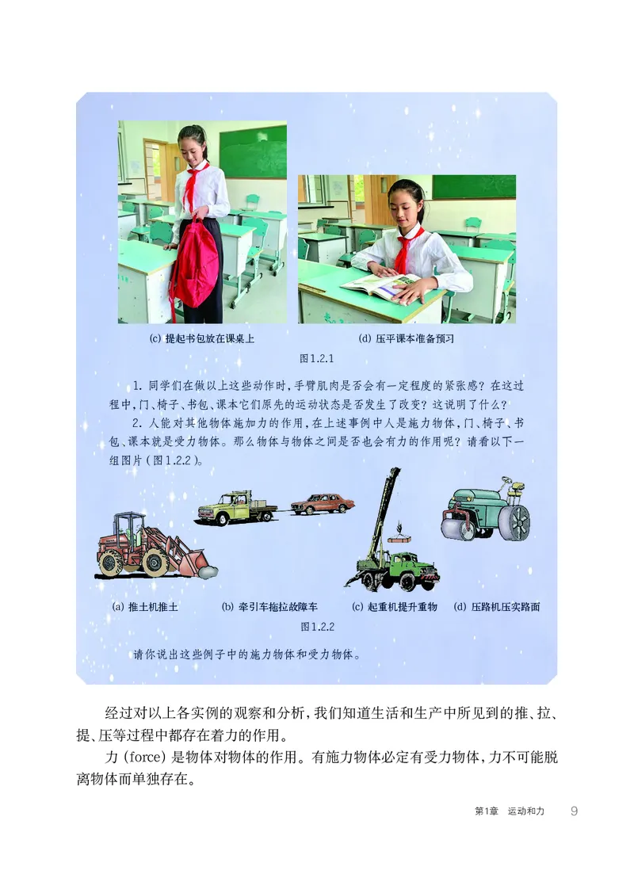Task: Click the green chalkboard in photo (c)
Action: coord(253,151)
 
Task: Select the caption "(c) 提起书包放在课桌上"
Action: coord(202,338)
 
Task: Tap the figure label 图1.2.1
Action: coord(317,359)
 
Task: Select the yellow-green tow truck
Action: coord(234,508)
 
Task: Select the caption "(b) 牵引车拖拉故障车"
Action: coord(269,607)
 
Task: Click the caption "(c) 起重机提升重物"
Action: coord(394,607)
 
